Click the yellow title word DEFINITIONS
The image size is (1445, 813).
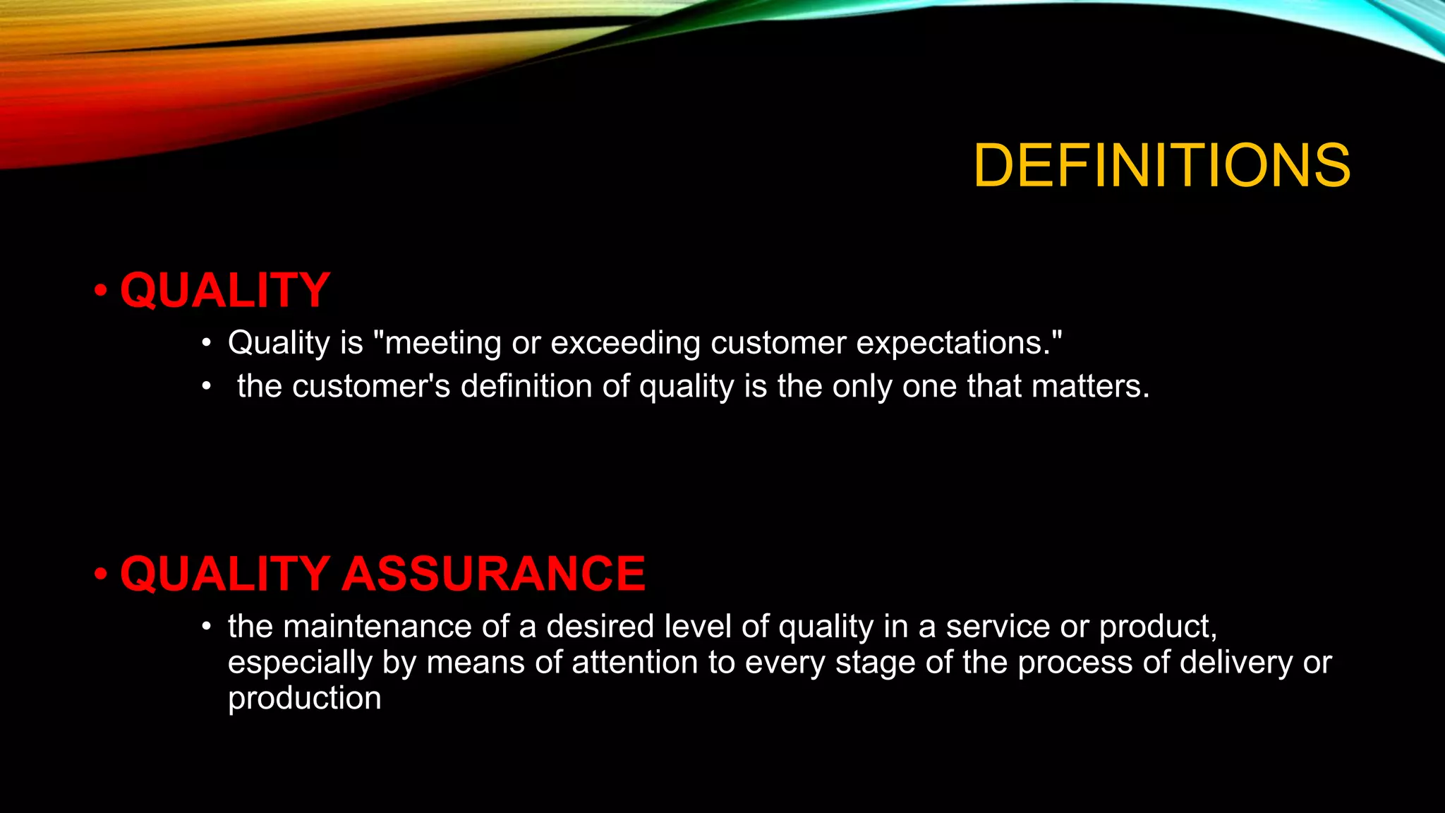coord(1161,165)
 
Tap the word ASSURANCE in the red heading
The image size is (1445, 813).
coord(493,573)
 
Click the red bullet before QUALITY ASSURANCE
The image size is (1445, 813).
coord(101,573)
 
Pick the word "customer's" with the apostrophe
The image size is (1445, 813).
coord(371,387)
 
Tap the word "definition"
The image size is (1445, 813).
coord(526,387)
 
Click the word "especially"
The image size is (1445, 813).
coord(300,663)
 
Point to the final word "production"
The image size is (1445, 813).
coord(305,699)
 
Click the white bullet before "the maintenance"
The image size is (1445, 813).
coord(206,627)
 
